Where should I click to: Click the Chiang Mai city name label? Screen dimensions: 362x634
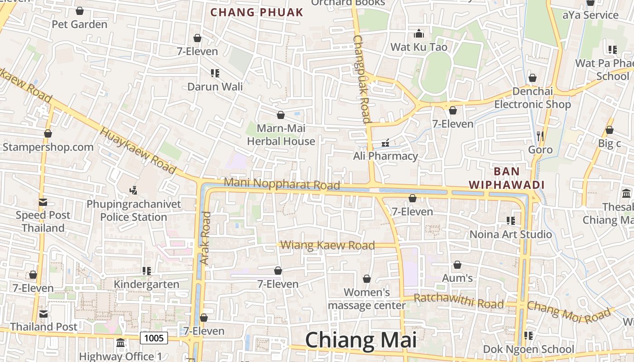click(x=361, y=340)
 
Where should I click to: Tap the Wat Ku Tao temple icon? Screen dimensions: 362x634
click(x=418, y=34)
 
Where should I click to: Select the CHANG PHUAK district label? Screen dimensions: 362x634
click(x=257, y=12)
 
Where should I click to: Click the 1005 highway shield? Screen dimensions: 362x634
click(x=154, y=338)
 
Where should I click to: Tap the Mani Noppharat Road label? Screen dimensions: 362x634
click(x=282, y=184)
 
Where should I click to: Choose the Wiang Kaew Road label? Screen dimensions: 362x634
click(x=327, y=245)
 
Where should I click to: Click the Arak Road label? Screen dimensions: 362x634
click(x=206, y=238)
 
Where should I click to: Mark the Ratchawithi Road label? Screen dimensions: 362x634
click(x=458, y=301)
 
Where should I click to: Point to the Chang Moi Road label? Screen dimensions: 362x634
click(x=569, y=312)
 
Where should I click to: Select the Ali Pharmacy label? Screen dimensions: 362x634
click(x=385, y=156)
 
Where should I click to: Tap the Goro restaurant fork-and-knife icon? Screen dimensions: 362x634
click(x=540, y=136)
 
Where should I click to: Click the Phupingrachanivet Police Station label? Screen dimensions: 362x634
click(x=134, y=210)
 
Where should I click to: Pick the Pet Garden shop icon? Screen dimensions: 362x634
click(x=80, y=11)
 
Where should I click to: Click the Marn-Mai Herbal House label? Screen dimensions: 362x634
click(x=281, y=135)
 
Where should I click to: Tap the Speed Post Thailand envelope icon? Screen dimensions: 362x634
click(x=43, y=202)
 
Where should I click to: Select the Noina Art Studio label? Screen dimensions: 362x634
click(x=510, y=234)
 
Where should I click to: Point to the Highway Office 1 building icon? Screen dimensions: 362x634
click(x=120, y=343)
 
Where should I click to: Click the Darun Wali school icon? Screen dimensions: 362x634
click(x=215, y=73)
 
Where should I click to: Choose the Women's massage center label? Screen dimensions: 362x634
click(x=366, y=299)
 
